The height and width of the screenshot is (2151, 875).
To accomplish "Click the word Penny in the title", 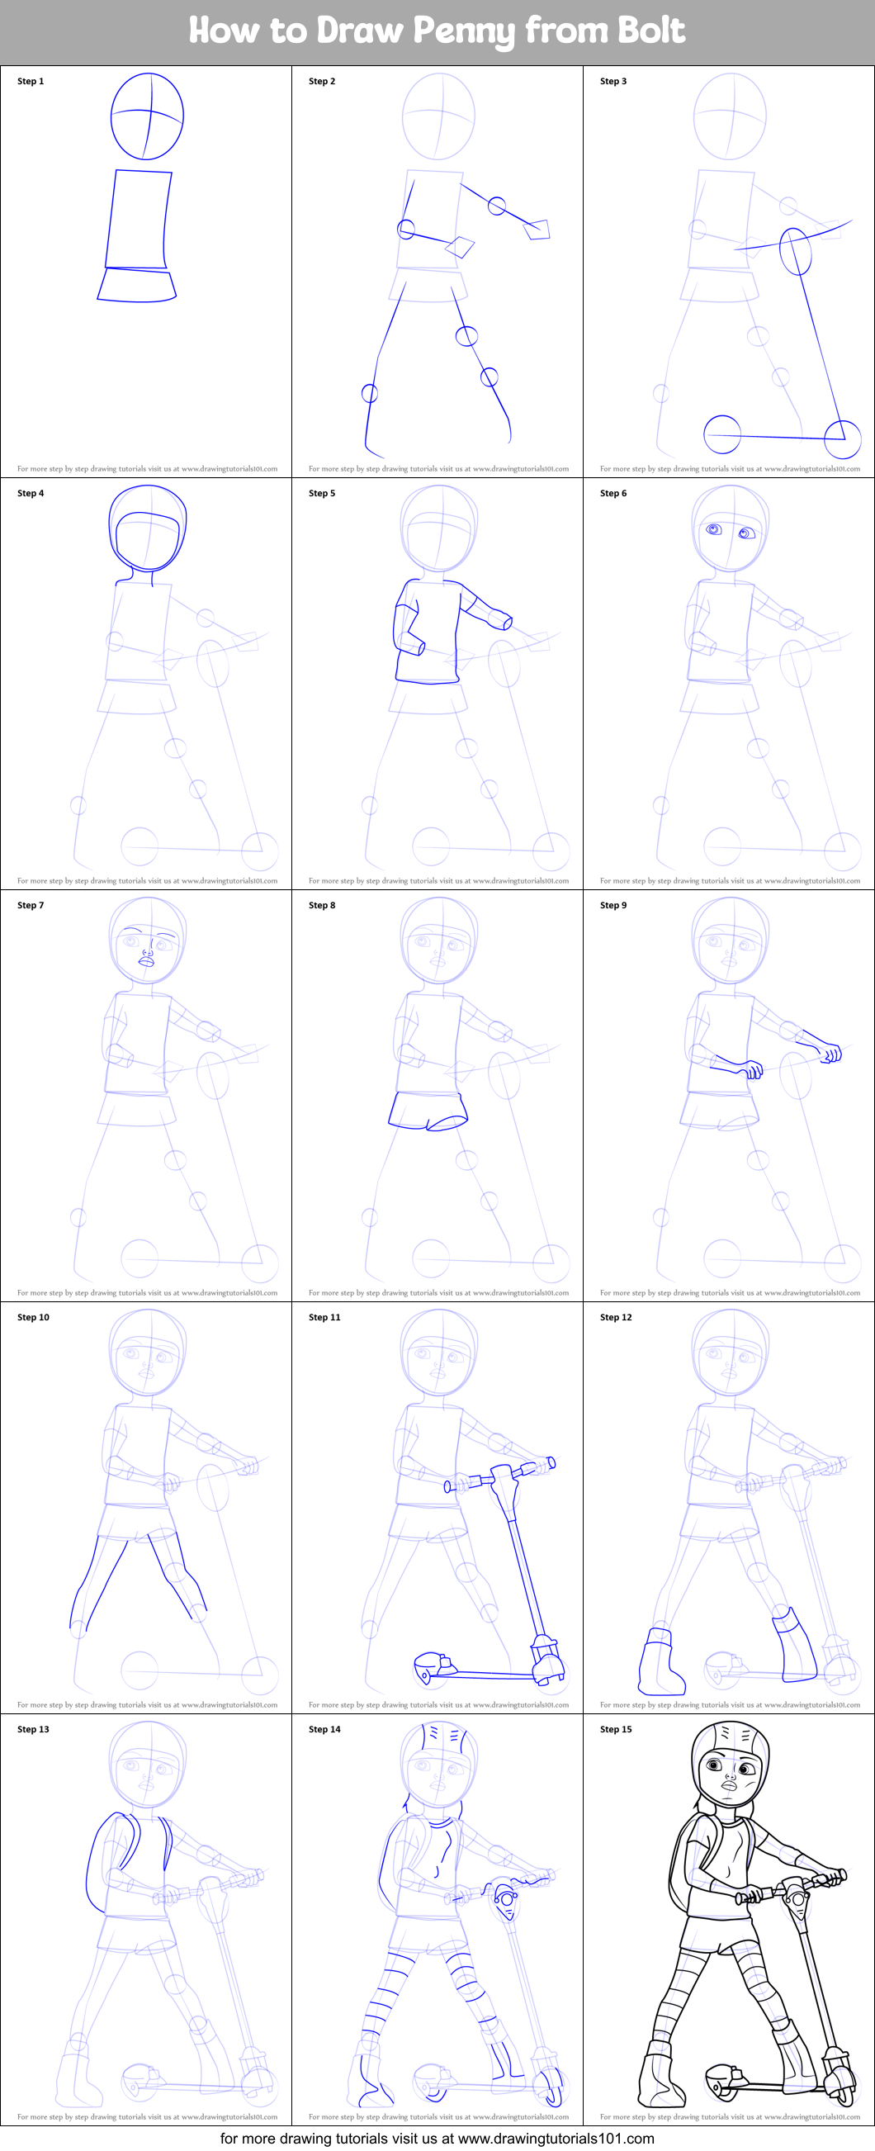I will (464, 31).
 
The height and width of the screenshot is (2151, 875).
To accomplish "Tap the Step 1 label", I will (30, 81).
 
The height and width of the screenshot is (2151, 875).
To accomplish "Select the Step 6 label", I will (612, 493).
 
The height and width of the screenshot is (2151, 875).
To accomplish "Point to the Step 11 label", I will (324, 1317).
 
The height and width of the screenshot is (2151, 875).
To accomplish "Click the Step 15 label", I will (616, 1728).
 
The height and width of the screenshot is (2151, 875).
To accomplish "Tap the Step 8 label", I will (321, 904).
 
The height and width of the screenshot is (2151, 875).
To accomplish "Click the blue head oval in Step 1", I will (147, 116).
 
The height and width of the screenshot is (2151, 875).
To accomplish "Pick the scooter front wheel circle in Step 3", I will (843, 439).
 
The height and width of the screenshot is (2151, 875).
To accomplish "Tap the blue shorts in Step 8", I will (428, 1110).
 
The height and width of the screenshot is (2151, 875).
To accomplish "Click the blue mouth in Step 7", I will (146, 961).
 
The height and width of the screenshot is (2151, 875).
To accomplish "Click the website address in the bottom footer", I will (556, 2139).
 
